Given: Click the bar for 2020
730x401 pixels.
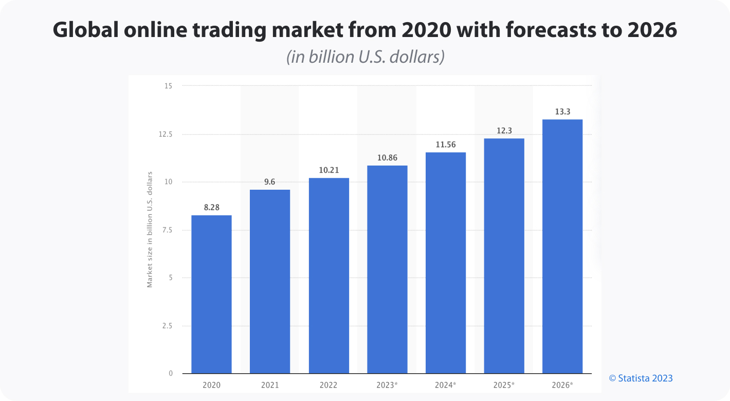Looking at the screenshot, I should coord(211,294).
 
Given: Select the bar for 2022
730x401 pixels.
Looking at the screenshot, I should coord(329,276).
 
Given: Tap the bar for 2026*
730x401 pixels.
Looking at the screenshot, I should coord(562,246).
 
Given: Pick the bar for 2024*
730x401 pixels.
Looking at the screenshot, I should coord(446,263).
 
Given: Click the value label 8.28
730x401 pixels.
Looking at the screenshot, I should coord(211,208).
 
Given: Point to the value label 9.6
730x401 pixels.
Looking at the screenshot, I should coord(270,182).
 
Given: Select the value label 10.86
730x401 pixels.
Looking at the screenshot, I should coord(387,158).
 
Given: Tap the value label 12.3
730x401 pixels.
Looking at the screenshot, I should coord(504,131).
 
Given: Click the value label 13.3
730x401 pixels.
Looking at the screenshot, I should coord(562,112).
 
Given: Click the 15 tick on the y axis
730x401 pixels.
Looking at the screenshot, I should coord(168,86).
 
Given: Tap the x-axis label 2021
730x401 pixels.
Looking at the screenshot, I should coord(270,385).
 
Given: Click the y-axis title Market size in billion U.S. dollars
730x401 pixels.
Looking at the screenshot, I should coord(150,230).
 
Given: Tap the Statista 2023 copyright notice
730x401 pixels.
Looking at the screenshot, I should coord(641,378).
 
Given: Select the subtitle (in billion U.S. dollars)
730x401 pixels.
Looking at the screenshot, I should coord(365,57).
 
